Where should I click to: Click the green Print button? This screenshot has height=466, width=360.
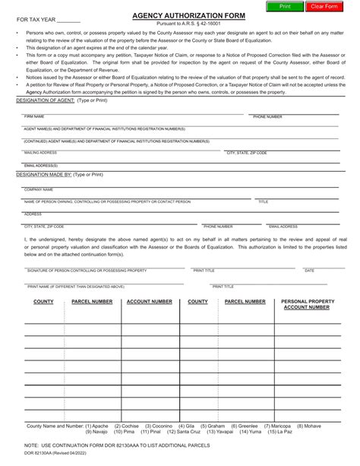pos(285,6)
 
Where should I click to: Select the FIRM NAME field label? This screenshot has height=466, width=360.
pos(34,117)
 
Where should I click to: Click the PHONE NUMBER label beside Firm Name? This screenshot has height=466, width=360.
pos(267,117)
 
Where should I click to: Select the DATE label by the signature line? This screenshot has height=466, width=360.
pos(309,271)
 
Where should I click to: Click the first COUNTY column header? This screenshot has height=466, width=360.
pos(43,302)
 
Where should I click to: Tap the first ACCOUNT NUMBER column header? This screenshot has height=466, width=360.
pos(149,302)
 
